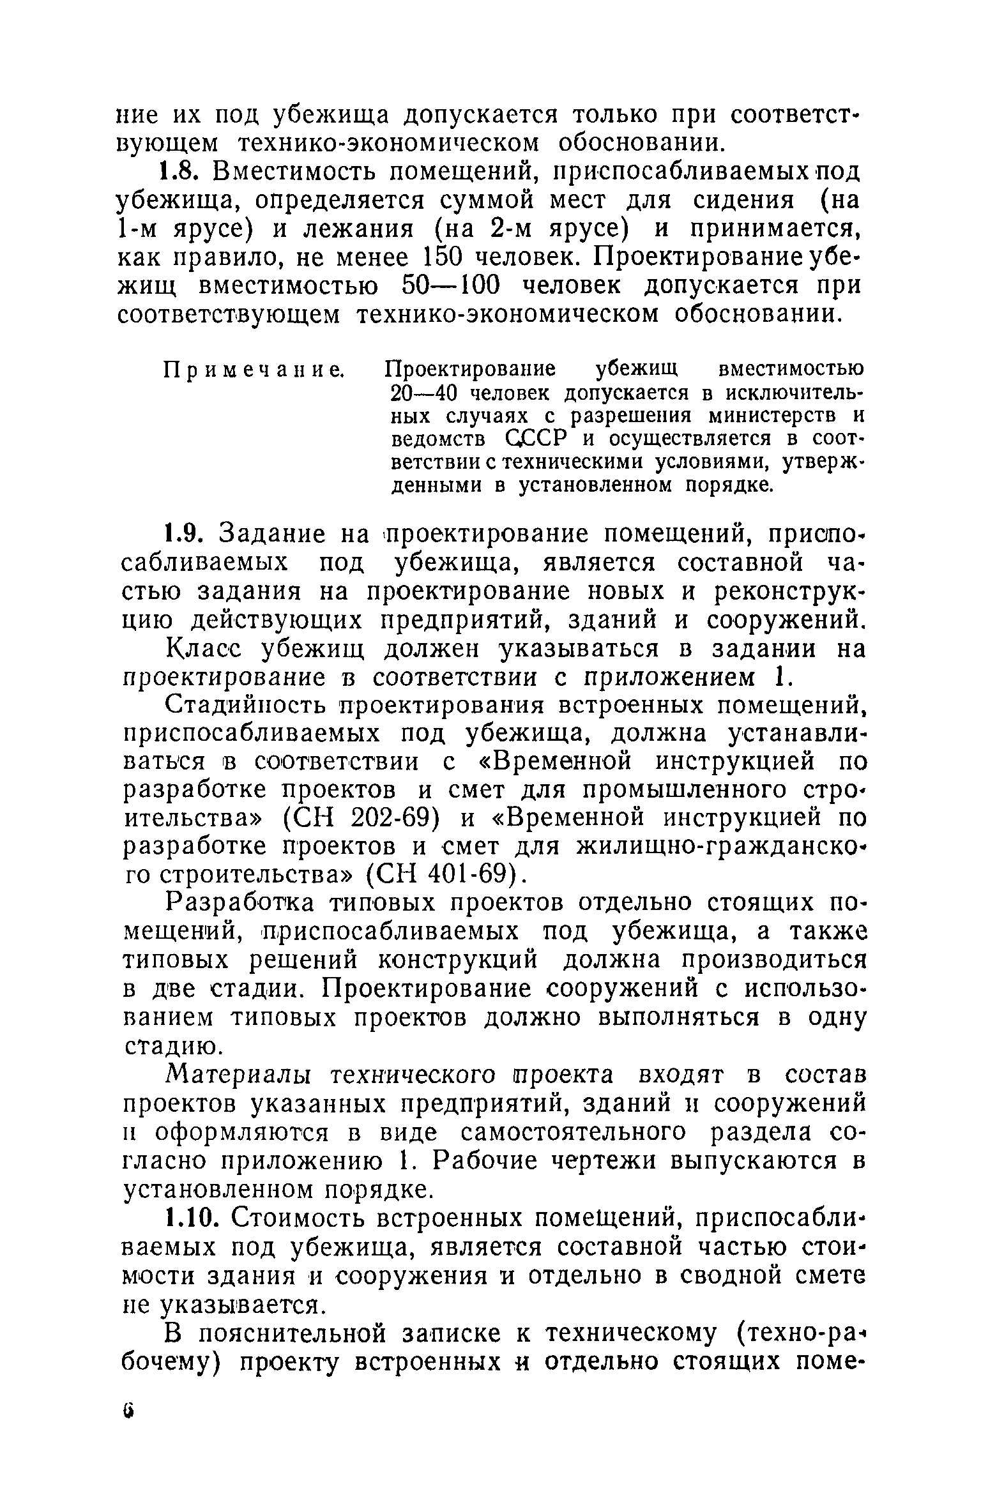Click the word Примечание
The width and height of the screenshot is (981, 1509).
(254, 369)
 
